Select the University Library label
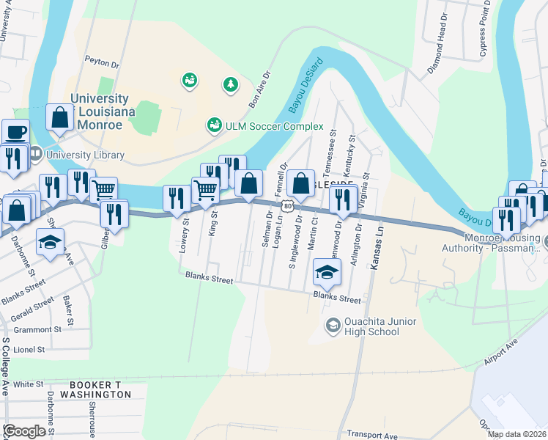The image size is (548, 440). [x=84, y=155]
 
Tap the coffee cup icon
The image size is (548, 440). [x=15, y=133]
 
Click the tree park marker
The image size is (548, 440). [x=232, y=85]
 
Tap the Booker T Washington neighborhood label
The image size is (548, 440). [x=100, y=389]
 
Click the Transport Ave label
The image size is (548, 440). [x=371, y=434]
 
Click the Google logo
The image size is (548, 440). [x=24, y=431]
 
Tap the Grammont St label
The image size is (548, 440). [x=37, y=330]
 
